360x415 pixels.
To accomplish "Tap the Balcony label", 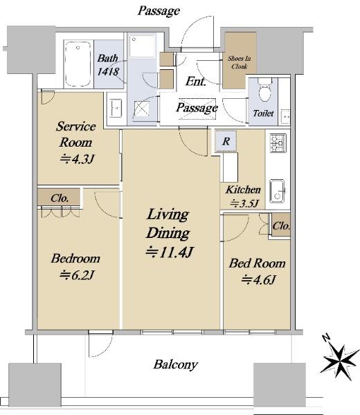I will tap(176, 364).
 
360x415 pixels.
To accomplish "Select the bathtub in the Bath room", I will tap(78, 64).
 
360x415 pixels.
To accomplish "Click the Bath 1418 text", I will tap(108, 64).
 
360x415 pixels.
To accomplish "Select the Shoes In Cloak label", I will tap(240, 64).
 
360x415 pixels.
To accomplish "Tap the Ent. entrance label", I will tap(196, 82).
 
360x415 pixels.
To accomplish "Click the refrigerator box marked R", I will tap(226, 140).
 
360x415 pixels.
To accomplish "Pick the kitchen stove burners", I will tap(278, 143).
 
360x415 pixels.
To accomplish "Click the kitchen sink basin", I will tap(278, 188).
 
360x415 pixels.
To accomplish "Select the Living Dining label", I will tap(167, 223).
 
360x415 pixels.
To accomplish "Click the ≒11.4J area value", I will tap(168, 252).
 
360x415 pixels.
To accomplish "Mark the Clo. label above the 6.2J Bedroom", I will tap(60, 197).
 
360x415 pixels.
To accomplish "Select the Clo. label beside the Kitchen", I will tap(280, 226).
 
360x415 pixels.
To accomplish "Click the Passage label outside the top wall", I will tap(159, 10).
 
